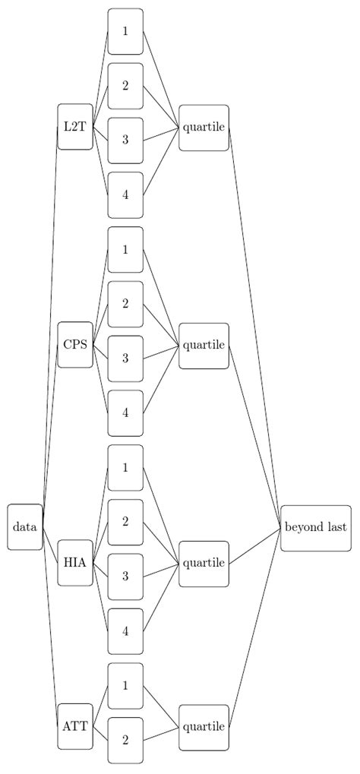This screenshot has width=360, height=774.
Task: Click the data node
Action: [25, 526]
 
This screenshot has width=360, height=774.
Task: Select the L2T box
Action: [75, 127]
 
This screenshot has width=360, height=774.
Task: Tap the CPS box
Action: [75, 345]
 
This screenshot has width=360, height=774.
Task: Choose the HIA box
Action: [75, 563]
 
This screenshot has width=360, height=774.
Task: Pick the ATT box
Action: [75, 726]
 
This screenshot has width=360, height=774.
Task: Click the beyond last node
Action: [315, 526]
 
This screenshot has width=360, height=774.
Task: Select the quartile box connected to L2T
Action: [204, 127]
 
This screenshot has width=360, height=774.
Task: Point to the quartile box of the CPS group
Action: [204, 345]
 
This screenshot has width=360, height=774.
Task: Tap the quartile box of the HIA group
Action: [204, 563]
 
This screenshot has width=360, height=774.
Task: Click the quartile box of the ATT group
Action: [204, 726]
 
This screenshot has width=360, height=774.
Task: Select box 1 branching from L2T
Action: [125, 31]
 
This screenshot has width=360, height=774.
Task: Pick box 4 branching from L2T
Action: [125, 194]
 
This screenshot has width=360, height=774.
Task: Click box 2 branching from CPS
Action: [125, 304]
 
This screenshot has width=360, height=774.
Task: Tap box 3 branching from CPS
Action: [125, 358]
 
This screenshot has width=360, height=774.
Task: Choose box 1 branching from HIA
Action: [125, 467]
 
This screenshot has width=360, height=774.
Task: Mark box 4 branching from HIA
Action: [125, 630]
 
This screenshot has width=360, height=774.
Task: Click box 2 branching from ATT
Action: [125, 740]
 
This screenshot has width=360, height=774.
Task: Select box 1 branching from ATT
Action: [125, 685]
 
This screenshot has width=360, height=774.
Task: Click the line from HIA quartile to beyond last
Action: [254, 545]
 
